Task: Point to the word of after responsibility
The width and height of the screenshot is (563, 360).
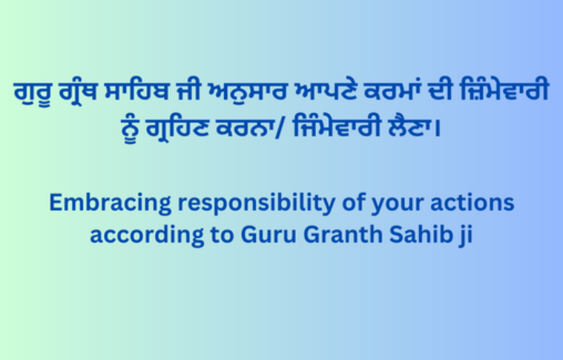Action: (343, 203)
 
